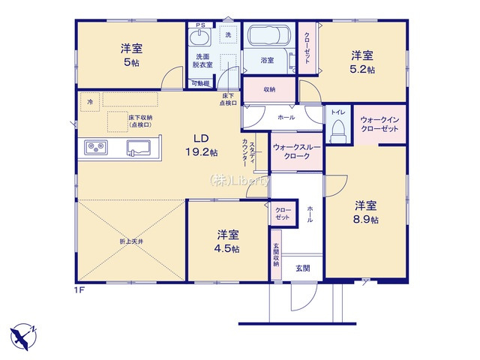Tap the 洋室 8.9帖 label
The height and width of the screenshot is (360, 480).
[366, 212]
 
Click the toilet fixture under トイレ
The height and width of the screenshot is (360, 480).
[337, 130]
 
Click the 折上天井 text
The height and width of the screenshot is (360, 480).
[130, 241]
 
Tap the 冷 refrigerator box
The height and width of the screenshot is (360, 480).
[90, 100]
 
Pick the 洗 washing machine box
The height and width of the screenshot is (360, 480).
[227, 34]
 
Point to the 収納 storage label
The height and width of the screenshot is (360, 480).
[269, 90]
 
